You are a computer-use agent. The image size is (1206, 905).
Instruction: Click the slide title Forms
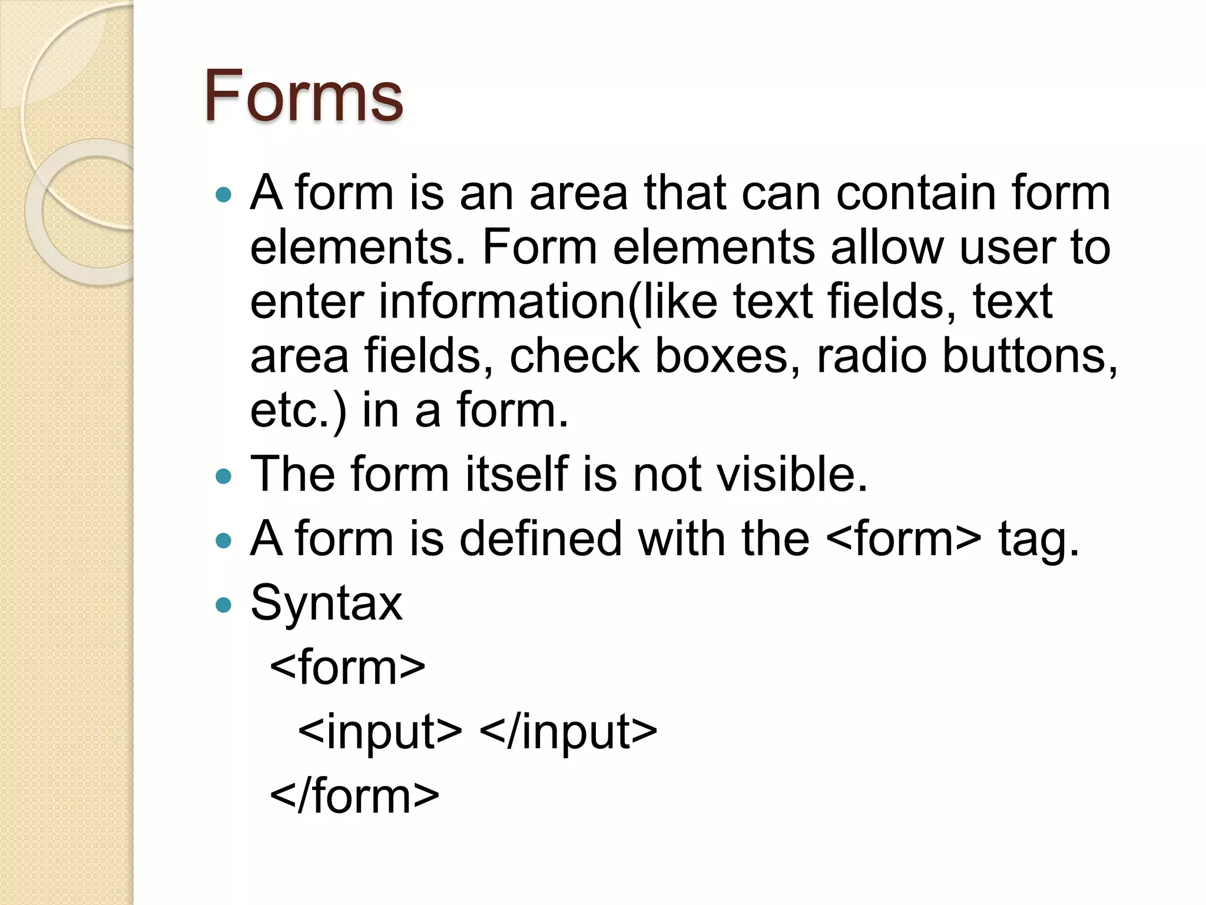[303, 96]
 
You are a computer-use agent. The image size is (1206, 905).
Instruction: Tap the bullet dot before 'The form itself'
[224, 475]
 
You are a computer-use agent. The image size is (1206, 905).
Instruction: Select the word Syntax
[326, 604]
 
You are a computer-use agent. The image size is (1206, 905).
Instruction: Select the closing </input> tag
[568, 732]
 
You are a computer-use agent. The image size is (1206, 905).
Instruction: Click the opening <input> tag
[380, 732]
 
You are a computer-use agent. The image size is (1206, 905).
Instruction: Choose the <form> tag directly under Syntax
[347, 668]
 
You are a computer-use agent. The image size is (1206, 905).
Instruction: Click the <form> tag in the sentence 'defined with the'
[904, 539]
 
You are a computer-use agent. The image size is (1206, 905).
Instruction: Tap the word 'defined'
[541, 539]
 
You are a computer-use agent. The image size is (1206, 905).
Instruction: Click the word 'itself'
[516, 474]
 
